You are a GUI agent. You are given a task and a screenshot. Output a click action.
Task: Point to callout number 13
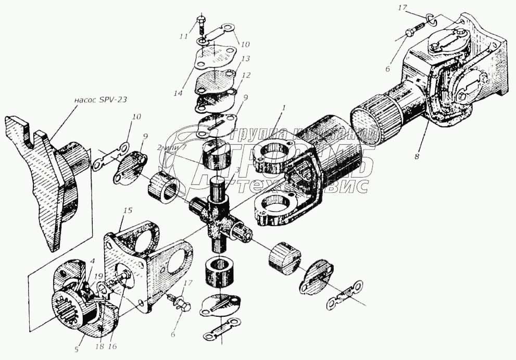[x=246, y=59]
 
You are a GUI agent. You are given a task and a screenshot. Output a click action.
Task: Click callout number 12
[x=246, y=76]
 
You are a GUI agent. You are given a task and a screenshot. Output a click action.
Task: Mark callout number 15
[x=129, y=210]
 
